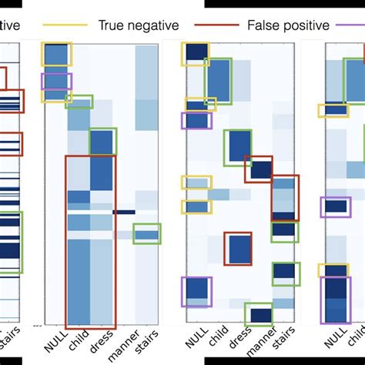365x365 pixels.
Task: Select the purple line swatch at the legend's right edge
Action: tap(347, 25)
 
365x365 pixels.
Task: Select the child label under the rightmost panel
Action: tap(357, 342)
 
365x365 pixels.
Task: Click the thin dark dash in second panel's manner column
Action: tap(124, 212)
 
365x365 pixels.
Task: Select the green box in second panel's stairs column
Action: tap(147, 233)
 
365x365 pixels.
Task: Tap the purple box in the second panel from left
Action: tap(56, 87)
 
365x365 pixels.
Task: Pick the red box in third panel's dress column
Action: tap(238, 249)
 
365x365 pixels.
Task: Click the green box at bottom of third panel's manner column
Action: tap(258, 314)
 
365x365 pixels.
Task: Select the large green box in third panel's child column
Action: tap(218, 80)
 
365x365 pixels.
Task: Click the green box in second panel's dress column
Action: tap(102, 141)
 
